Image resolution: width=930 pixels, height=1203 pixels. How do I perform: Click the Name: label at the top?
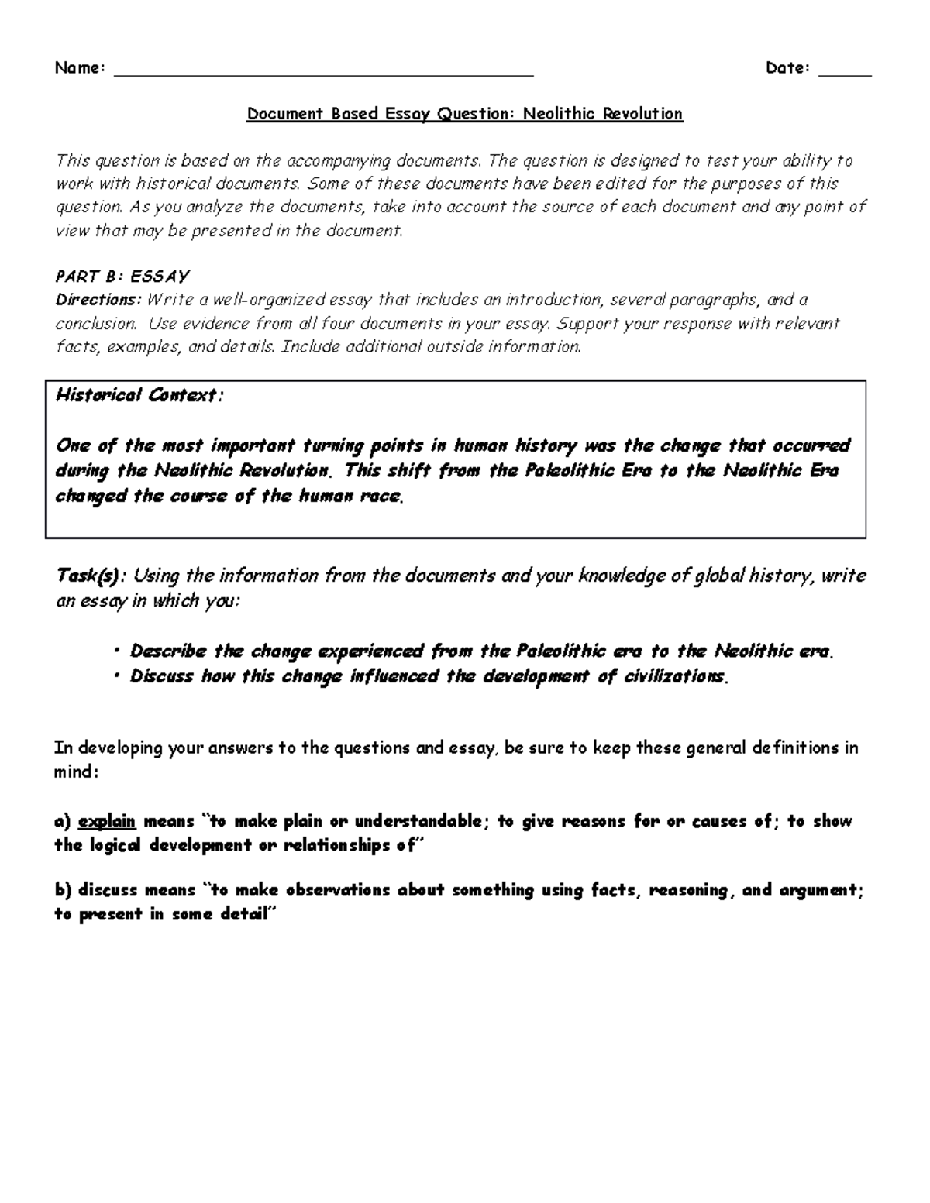point(80,68)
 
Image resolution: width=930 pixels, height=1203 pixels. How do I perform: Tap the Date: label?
point(787,68)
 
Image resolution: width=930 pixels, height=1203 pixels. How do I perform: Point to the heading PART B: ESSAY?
point(122,277)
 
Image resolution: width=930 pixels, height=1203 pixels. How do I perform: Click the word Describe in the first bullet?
point(168,651)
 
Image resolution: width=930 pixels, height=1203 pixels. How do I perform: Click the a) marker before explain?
point(62,821)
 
